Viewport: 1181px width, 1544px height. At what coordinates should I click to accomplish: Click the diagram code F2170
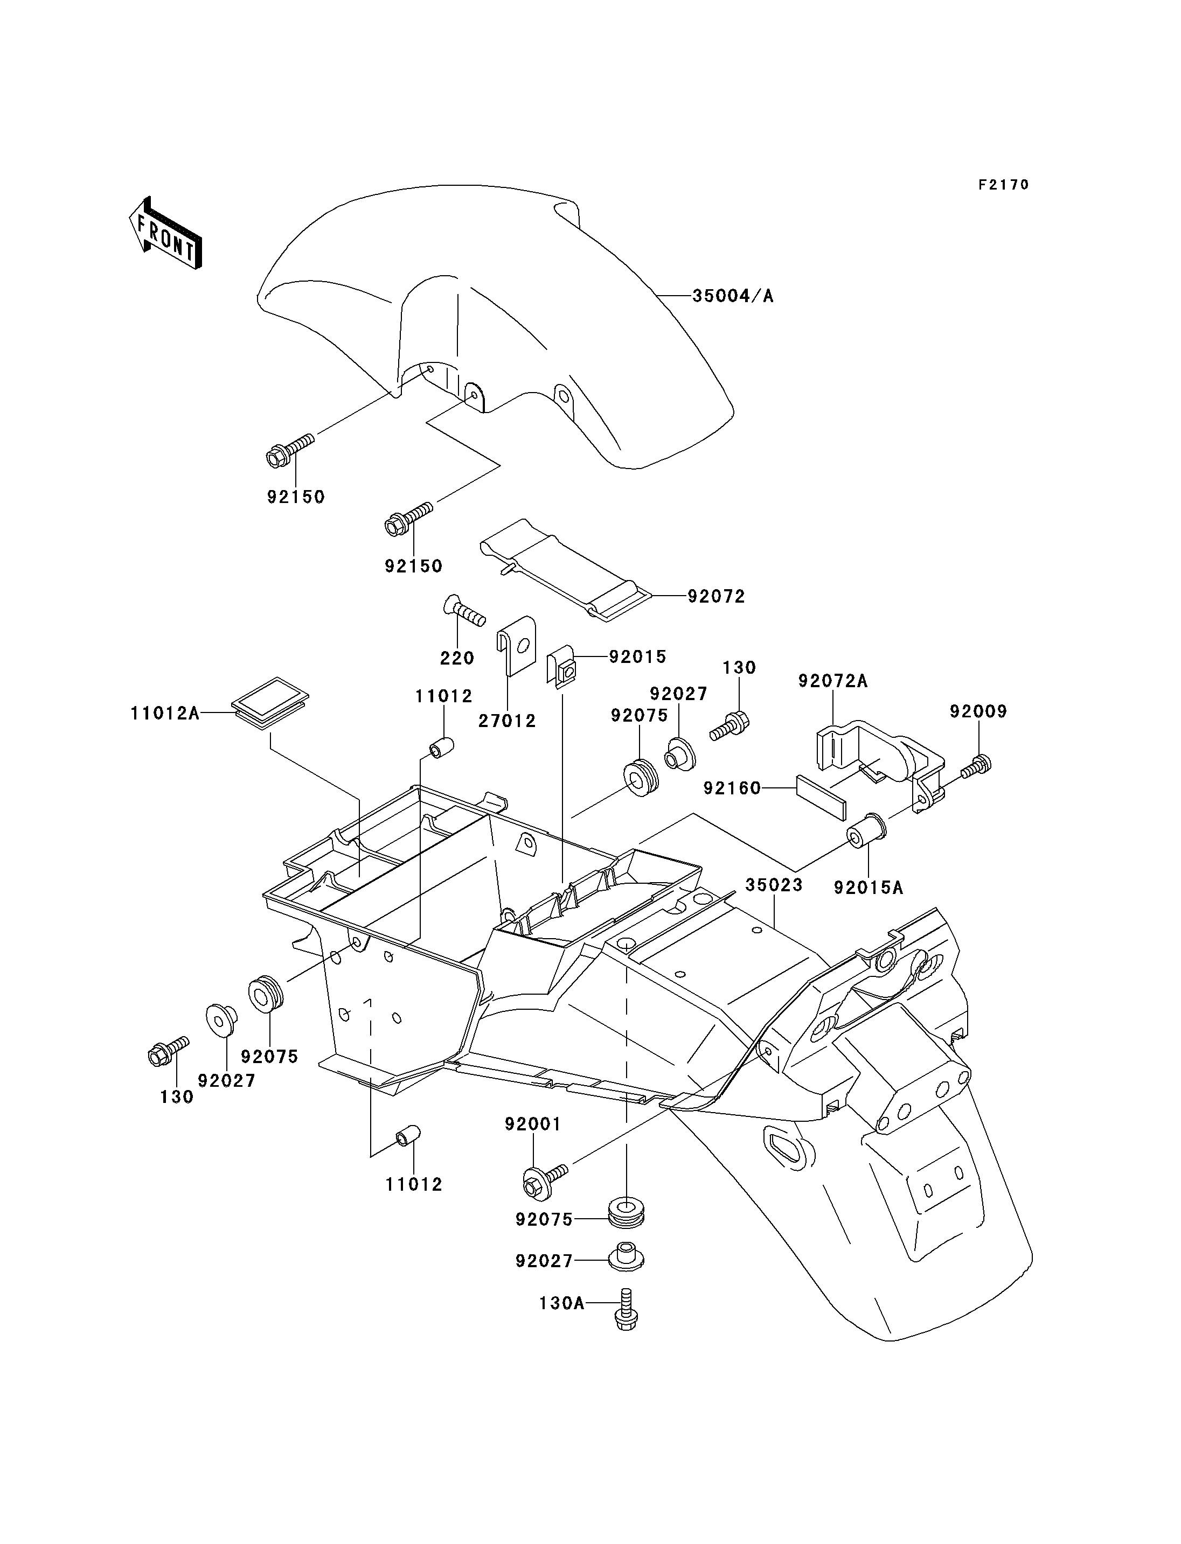click(x=1004, y=185)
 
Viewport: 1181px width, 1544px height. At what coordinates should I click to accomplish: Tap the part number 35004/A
click(x=733, y=296)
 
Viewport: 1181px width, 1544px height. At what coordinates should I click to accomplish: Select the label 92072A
click(x=833, y=681)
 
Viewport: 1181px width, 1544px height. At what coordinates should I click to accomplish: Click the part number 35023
click(x=774, y=885)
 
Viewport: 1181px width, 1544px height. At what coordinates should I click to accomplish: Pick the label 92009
click(x=978, y=712)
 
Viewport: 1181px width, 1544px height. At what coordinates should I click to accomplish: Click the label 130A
click(x=562, y=1304)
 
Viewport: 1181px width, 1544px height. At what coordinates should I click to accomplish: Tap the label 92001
click(x=533, y=1124)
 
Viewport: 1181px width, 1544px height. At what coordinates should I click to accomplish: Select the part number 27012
click(x=508, y=721)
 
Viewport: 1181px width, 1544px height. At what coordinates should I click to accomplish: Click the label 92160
click(x=733, y=788)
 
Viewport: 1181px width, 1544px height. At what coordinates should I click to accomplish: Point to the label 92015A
click(x=869, y=888)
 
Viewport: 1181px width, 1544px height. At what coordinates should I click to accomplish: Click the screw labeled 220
click(x=464, y=611)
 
